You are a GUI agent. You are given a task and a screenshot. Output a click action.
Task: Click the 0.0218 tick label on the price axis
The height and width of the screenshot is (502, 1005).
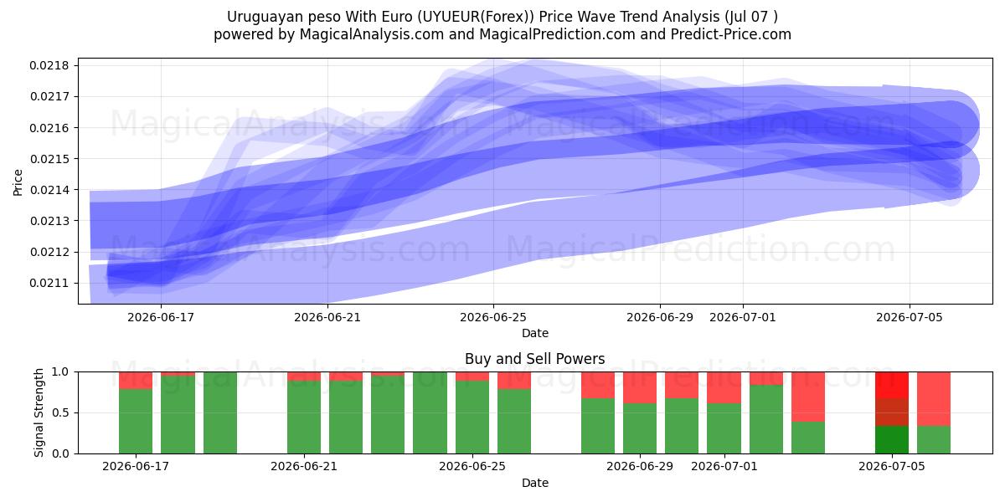point(49,66)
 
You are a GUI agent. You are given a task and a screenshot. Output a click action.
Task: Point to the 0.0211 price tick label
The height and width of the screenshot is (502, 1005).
point(49,284)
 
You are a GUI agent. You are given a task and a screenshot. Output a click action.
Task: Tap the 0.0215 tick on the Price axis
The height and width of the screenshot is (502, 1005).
point(49,159)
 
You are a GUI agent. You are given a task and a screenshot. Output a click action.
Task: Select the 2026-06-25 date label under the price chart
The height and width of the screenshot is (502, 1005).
point(493,317)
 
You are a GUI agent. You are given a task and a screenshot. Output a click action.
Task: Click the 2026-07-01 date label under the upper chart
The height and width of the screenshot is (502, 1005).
point(743,317)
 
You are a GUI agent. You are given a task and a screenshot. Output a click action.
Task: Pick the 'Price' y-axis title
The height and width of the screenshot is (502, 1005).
point(18,182)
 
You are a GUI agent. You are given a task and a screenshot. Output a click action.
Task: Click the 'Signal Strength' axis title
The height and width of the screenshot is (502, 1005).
point(39,412)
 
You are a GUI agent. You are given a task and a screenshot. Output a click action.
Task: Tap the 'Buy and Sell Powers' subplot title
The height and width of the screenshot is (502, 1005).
point(535,359)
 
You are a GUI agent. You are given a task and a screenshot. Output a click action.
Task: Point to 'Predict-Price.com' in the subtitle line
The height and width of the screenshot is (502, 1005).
point(731,34)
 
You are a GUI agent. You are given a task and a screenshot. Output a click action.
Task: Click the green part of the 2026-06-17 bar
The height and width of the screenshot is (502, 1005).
point(136,422)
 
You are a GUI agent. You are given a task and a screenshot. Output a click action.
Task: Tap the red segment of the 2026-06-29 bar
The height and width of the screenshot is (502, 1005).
point(640,387)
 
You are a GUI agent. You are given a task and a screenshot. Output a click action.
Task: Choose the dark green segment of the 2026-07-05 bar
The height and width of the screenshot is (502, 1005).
point(892,440)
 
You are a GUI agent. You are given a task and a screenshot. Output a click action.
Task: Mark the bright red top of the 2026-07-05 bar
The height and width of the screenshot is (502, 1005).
point(892,385)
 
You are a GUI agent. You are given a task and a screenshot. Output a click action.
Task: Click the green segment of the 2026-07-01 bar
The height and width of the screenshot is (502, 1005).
point(724,428)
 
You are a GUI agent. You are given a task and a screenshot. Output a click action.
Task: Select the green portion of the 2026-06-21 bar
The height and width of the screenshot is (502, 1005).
point(304,417)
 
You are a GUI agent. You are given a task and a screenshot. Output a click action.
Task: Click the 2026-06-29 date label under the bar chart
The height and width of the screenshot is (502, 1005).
point(640,467)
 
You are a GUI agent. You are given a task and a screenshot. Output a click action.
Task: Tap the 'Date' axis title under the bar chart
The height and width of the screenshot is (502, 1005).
point(535,484)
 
